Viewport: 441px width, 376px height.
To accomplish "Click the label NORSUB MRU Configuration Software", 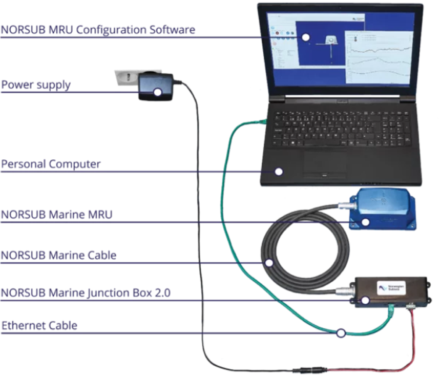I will point(97,29).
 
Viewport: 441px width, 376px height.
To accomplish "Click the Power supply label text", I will point(36,84).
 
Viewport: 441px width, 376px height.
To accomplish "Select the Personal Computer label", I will point(51,164).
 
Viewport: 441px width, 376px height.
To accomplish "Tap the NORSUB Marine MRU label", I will point(56,214).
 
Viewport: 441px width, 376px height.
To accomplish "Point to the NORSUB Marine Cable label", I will point(58,255).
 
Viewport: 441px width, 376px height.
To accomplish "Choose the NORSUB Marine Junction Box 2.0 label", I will point(85,293).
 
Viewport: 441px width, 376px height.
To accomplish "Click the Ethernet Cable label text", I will point(39,326).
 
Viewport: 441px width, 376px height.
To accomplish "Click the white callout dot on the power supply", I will point(158,92).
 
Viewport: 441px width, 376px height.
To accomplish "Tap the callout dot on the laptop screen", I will point(306,37).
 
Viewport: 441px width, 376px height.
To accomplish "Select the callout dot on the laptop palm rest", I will point(279,171).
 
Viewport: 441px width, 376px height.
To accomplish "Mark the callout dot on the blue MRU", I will point(365,222).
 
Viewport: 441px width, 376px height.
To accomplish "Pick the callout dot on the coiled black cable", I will point(269,263).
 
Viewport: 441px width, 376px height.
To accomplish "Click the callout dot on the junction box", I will point(365,300).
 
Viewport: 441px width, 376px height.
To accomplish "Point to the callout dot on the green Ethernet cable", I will point(341,333).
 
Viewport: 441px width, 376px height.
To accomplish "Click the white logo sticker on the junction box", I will point(391,288).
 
